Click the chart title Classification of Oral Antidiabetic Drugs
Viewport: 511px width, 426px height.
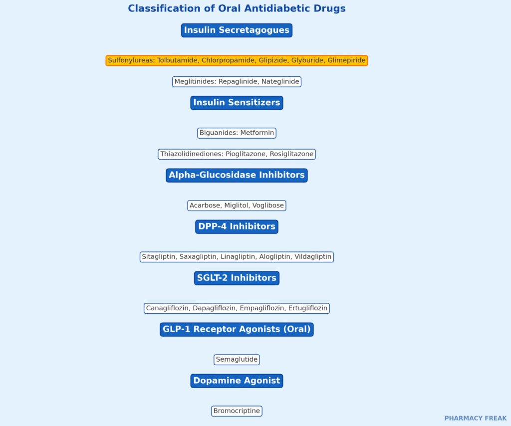[237, 8]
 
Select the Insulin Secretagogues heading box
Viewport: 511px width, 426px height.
[237, 30]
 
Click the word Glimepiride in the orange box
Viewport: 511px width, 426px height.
[346, 60]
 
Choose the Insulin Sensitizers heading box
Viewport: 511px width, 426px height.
[237, 103]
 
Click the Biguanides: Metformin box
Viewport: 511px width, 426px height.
[237, 133]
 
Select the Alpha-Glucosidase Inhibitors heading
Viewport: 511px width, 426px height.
[237, 175]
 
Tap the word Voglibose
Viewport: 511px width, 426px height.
[268, 206]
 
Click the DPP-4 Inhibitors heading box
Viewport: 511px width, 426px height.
[237, 226]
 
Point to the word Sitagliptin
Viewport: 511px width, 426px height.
[159, 256]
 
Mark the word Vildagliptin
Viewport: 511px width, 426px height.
[313, 256]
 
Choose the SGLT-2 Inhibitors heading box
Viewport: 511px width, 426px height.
[237, 278]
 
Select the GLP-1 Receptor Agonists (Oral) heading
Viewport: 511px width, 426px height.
[237, 329]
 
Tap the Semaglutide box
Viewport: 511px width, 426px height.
[237, 360]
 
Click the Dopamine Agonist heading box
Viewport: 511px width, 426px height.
[237, 381]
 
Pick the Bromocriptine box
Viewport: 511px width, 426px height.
[237, 411]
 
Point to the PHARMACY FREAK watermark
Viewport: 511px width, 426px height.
[476, 418]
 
